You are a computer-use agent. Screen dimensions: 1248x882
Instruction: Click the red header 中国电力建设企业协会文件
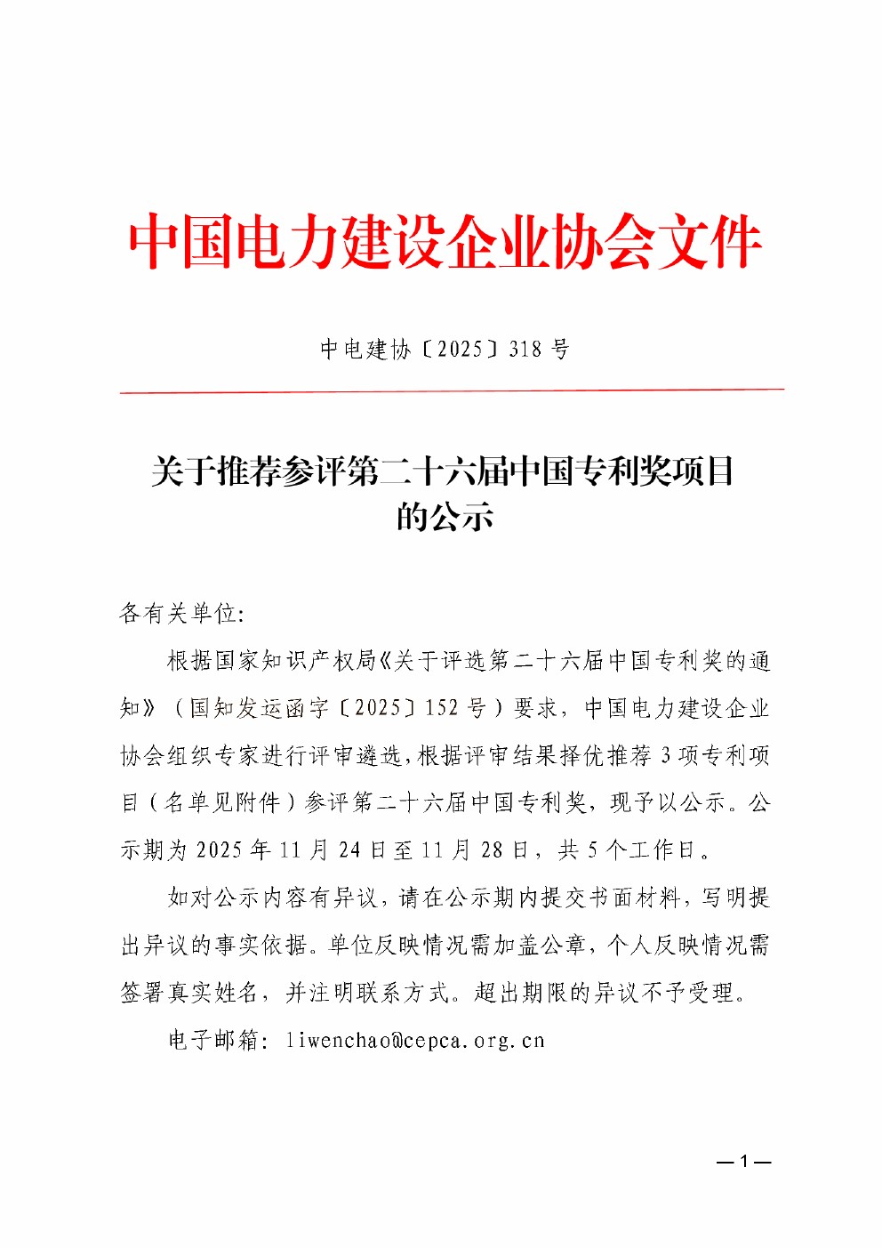coord(445,242)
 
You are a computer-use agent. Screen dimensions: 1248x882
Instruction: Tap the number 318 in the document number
coord(525,349)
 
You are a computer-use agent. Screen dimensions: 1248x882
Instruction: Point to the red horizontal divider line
coord(452,391)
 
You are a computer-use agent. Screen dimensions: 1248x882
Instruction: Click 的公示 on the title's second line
coord(445,516)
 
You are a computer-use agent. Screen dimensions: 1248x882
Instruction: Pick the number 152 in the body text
coord(442,708)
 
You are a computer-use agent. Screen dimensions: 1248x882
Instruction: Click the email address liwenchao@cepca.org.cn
coord(415,1040)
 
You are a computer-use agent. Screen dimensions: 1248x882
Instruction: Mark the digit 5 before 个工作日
coord(592,850)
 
